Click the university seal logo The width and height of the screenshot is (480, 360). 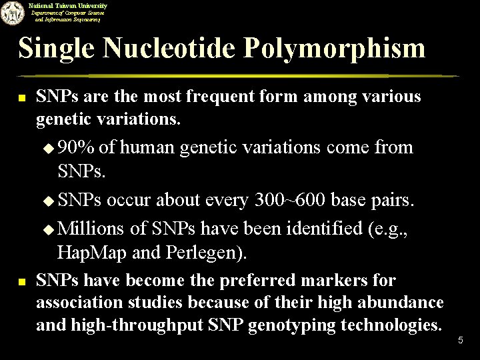(12, 12)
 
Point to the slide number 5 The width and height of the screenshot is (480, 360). (460, 341)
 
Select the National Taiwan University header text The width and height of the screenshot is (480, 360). (67, 5)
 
